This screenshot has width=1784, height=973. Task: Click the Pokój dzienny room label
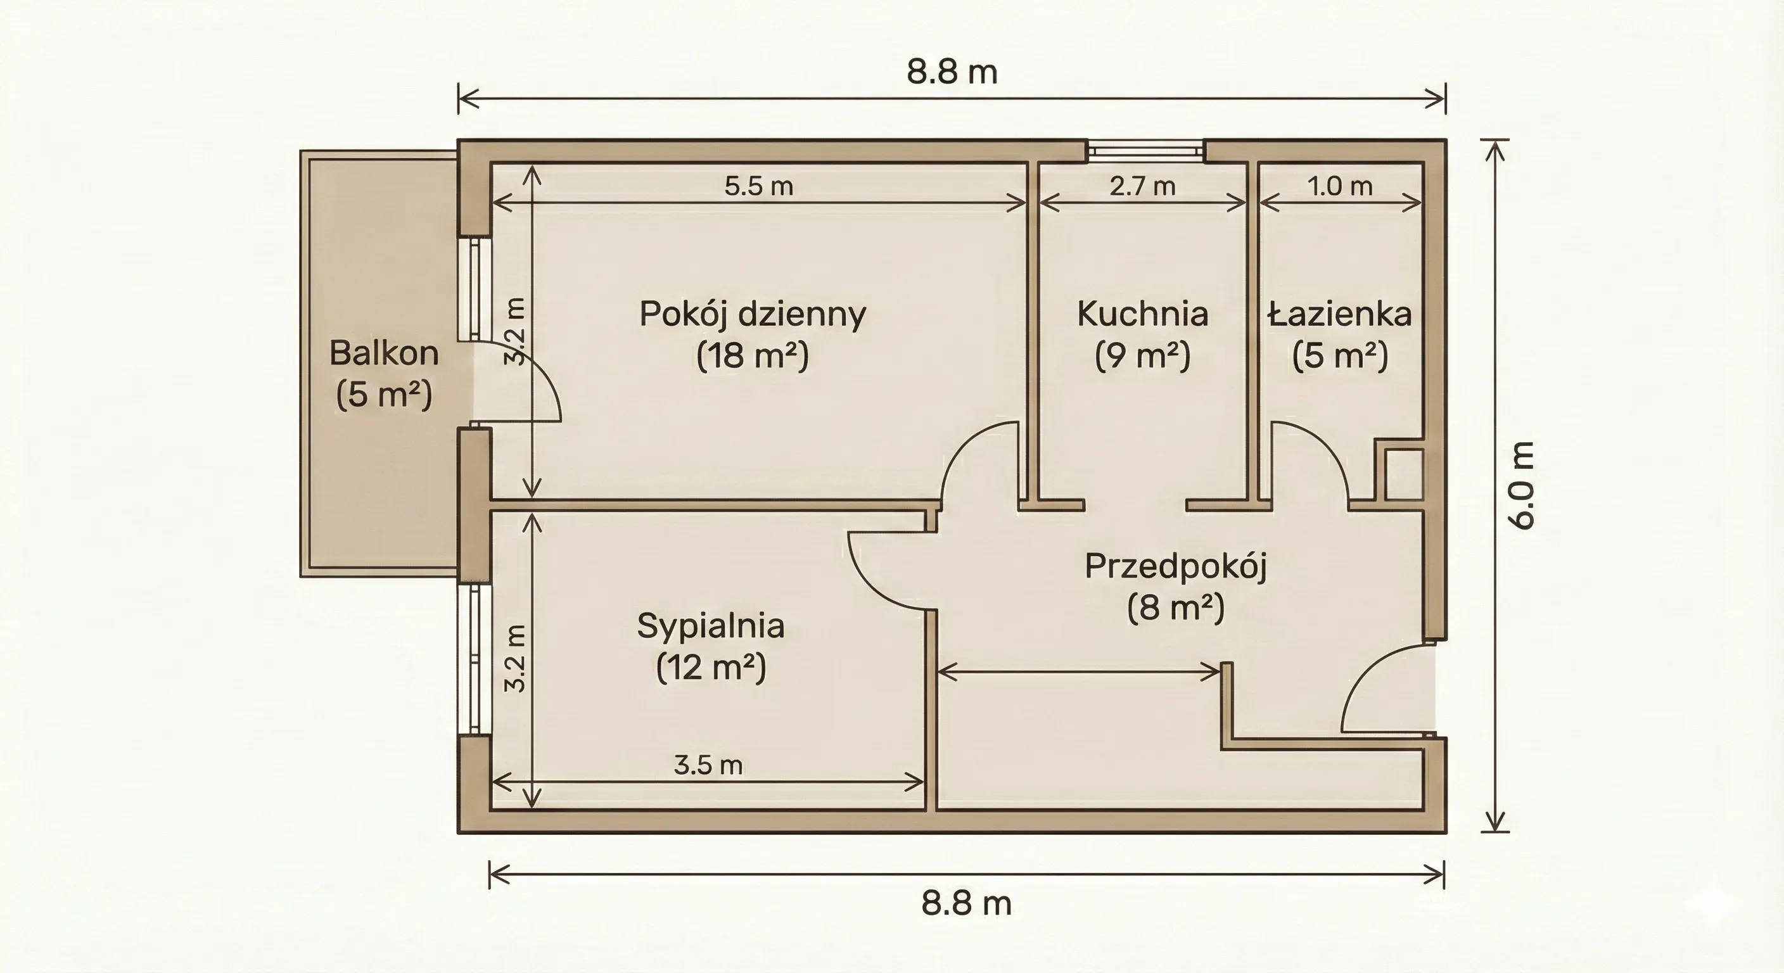[x=752, y=314]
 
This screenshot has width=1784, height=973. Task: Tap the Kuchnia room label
[x=1143, y=314]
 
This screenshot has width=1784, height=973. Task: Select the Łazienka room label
[x=1339, y=314]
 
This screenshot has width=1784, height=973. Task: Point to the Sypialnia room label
[x=711, y=626]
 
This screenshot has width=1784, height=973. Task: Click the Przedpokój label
[x=1175, y=566]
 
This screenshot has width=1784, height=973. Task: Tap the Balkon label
[x=384, y=353]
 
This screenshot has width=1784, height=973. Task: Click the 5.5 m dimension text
[x=758, y=186]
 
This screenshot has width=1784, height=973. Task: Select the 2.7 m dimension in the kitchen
[x=1142, y=186]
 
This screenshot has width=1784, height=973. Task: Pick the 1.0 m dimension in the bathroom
[x=1339, y=186]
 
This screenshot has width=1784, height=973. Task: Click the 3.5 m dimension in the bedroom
[x=708, y=765]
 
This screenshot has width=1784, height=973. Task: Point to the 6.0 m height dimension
[x=1524, y=485]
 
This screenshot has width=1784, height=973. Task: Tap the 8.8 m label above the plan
[x=952, y=72]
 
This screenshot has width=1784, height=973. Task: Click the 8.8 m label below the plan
[x=966, y=904]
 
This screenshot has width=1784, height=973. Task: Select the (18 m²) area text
[x=752, y=356]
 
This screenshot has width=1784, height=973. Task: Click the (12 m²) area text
[x=711, y=668]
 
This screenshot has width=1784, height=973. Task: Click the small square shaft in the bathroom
[x=1405, y=474]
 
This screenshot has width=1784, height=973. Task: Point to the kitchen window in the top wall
[x=1145, y=150]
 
